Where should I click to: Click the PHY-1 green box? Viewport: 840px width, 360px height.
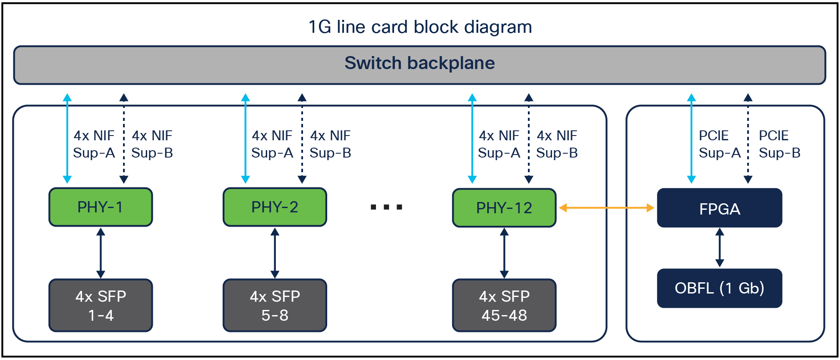[x=101, y=207]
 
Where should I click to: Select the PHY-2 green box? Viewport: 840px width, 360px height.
[x=275, y=207]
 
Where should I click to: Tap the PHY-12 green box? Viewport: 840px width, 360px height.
[x=504, y=208]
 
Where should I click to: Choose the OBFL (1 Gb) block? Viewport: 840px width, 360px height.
[x=720, y=288]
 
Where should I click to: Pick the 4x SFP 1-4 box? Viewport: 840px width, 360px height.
[x=101, y=306]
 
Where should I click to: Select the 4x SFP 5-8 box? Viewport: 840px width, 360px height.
[x=275, y=306]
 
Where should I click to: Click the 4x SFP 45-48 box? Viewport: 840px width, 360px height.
[x=504, y=306]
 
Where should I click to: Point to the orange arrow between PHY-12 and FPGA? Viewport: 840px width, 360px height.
[x=606, y=208]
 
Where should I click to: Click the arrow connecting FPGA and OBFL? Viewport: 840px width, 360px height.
[x=720, y=248]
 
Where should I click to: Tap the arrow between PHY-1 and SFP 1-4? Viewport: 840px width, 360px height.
[x=101, y=253]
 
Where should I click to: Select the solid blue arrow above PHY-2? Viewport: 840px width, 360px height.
[x=246, y=139]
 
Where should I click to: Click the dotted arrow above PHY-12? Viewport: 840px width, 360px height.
[x=529, y=139]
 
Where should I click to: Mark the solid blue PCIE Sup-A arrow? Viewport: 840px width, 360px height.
[x=692, y=139]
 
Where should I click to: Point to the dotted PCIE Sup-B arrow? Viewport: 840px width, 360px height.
[x=748, y=139]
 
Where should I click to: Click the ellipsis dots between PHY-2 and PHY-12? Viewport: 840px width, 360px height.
[x=387, y=207]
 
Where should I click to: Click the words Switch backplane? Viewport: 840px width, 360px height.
[x=420, y=63]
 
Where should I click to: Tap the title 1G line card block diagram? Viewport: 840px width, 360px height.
[x=420, y=27]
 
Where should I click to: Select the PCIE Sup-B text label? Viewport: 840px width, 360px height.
[x=780, y=144]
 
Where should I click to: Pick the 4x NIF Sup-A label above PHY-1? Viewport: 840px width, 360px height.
[x=94, y=144]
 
